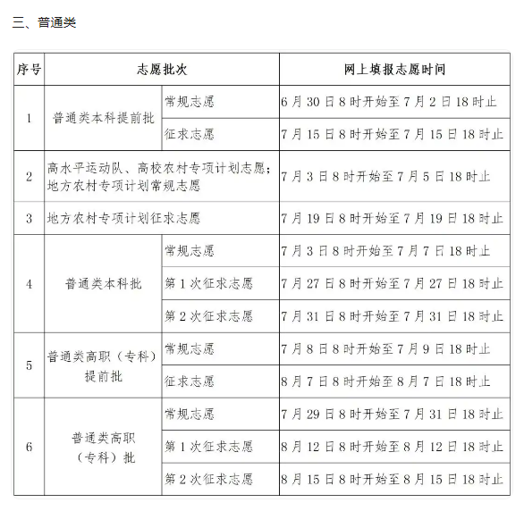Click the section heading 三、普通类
[x=45, y=22]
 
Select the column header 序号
[x=29, y=70]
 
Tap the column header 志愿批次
[x=162, y=70]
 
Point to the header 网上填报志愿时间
[x=394, y=70]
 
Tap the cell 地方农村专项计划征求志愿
[x=123, y=218]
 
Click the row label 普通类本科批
[x=103, y=284]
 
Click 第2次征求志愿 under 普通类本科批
[x=208, y=316]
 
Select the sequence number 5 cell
[x=29, y=365]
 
